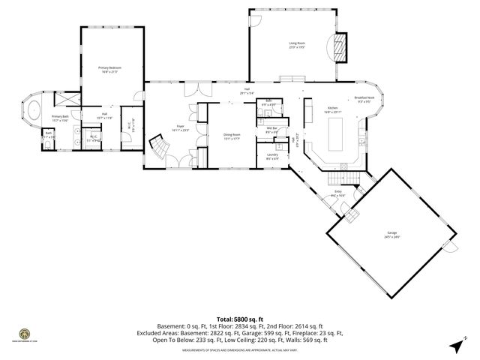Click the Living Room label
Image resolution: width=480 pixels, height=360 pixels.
coord(297,44)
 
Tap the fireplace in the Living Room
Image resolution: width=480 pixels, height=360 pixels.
coord(343,49)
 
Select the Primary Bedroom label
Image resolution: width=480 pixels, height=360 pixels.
coord(110,68)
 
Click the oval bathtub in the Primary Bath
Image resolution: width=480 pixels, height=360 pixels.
coord(32,112)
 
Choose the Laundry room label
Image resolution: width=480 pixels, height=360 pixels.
coord(272,155)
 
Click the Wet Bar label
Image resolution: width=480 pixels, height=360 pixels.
coord(272,128)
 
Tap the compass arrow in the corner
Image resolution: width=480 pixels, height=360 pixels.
coord(457,344)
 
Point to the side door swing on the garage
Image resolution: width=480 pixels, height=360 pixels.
coord(448,247)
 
